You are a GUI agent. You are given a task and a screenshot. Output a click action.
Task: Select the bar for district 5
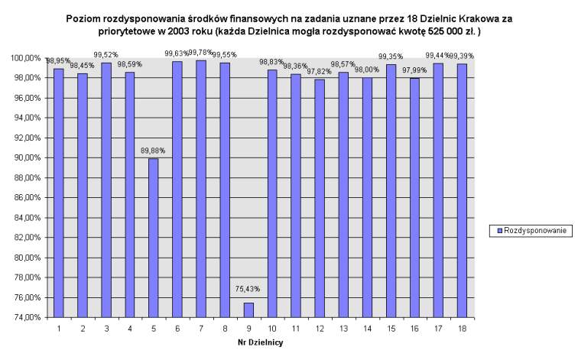[x=154, y=237]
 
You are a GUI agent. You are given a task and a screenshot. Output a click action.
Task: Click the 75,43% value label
[x=248, y=289]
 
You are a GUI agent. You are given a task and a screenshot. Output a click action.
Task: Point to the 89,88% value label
[x=153, y=151]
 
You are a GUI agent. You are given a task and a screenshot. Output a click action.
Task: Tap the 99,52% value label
[x=106, y=55]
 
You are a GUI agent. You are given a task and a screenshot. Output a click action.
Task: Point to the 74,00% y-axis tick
[x=25, y=317]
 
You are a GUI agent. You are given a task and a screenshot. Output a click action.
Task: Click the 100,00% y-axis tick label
[x=24, y=58]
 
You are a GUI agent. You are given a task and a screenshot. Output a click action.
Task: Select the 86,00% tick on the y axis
[x=25, y=197]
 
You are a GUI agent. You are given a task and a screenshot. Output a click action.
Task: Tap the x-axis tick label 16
[x=414, y=329]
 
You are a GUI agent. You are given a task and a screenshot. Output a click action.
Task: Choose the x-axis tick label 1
[x=58, y=329]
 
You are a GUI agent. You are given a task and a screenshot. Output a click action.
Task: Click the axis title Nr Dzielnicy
[x=260, y=342]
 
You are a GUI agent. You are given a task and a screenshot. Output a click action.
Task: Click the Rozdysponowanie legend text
[x=537, y=230]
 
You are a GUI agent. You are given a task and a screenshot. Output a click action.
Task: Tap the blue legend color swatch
[x=499, y=230]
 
